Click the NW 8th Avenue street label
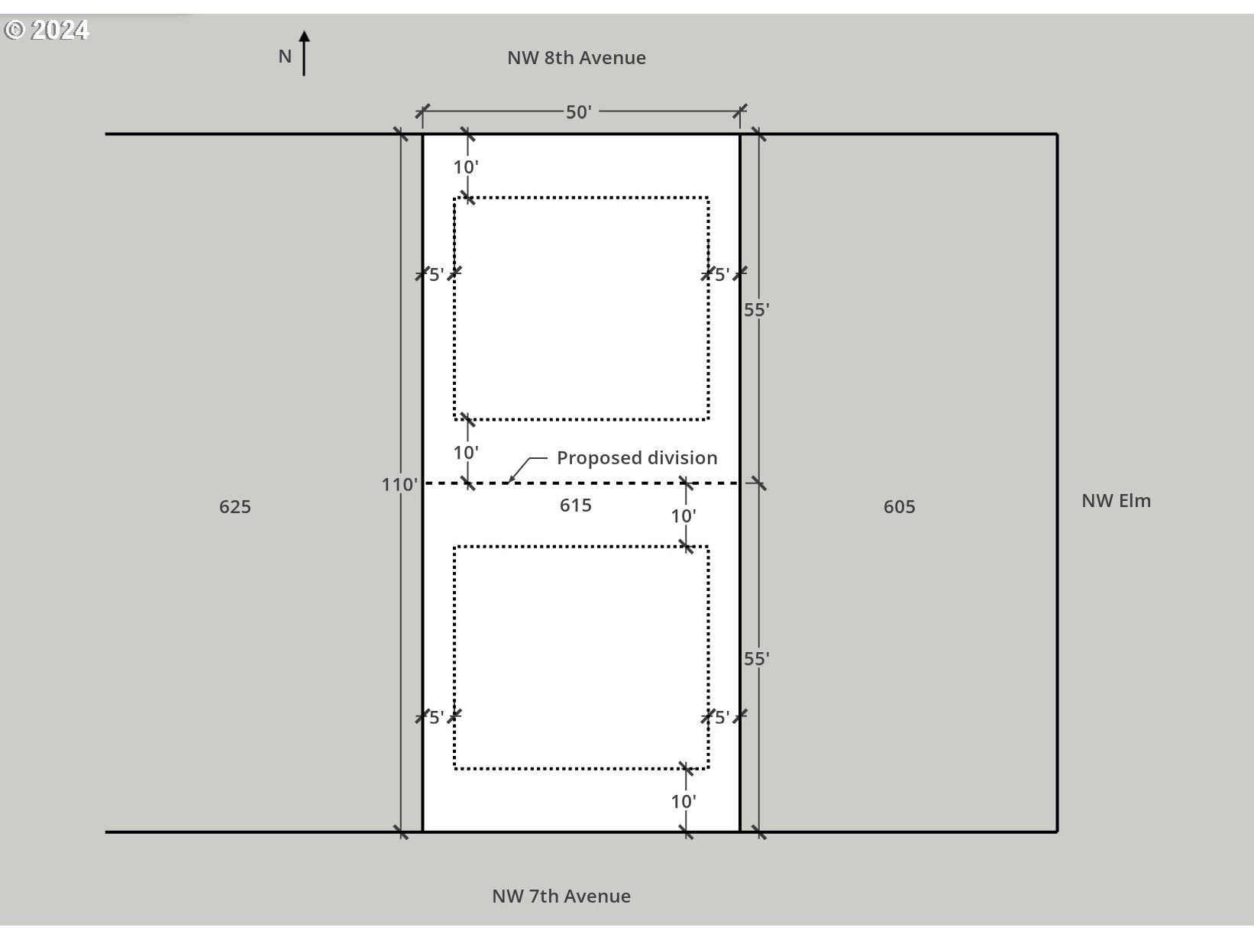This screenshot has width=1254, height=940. [577, 58]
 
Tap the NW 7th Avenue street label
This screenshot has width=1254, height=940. [561, 896]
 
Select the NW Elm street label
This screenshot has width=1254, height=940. [1116, 501]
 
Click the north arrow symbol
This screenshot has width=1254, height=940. [304, 53]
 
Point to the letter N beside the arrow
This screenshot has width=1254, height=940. [285, 57]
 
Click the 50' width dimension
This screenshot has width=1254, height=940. [579, 112]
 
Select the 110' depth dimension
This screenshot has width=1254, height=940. [399, 484]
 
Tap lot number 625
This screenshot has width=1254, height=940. [235, 507]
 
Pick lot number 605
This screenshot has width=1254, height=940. [899, 507]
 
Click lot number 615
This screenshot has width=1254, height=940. [575, 506]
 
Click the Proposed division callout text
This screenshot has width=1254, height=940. [637, 458]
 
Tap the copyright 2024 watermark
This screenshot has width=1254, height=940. [47, 30]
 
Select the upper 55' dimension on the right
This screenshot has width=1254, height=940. [756, 310]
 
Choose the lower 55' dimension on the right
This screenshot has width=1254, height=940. [756, 658]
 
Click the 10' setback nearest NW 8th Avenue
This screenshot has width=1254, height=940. [466, 167]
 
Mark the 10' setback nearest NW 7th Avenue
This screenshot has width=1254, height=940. [684, 801]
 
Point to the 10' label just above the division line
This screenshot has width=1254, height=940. [466, 453]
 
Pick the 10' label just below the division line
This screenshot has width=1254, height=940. [684, 516]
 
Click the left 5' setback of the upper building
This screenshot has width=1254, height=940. [436, 274]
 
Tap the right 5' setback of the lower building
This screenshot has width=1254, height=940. [722, 717]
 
